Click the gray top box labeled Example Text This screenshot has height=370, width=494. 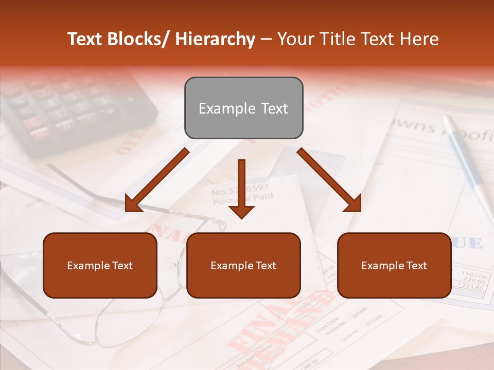[x=243, y=108]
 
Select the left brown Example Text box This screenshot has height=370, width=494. [x=100, y=265]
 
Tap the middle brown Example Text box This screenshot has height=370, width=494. [x=243, y=265]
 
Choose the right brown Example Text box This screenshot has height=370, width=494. [x=394, y=265]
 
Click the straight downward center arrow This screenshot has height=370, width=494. [x=241, y=188]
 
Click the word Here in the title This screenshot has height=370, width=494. [x=419, y=39]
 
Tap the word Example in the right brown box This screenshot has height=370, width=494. [x=380, y=265]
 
